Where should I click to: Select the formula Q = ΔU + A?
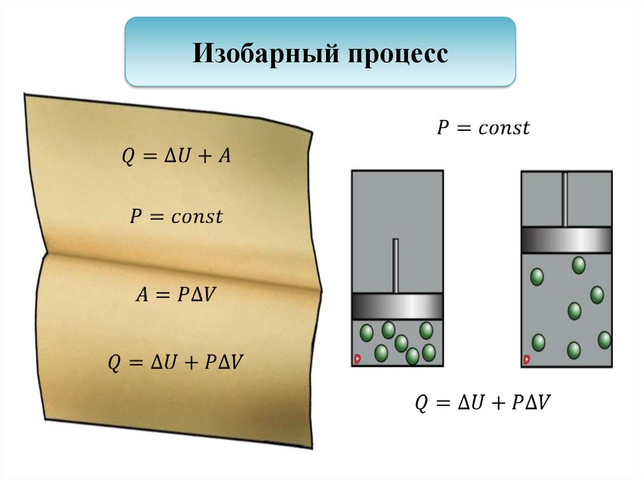(x=176, y=156)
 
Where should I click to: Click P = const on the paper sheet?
(x=176, y=217)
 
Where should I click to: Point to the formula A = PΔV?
(x=175, y=294)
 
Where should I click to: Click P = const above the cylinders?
(x=483, y=128)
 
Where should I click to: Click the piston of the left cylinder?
(x=397, y=306)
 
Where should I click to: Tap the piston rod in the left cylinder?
(x=395, y=265)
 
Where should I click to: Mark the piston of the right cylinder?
(x=567, y=239)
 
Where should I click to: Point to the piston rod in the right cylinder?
(x=565, y=198)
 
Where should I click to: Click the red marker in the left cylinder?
(x=357, y=359)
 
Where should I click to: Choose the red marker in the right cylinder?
(x=526, y=360)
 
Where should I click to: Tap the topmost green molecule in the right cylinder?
(x=578, y=265)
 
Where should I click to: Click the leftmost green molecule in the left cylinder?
(x=366, y=332)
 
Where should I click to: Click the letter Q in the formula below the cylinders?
(x=422, y=403)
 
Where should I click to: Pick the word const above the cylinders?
(x=504, y=129)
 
